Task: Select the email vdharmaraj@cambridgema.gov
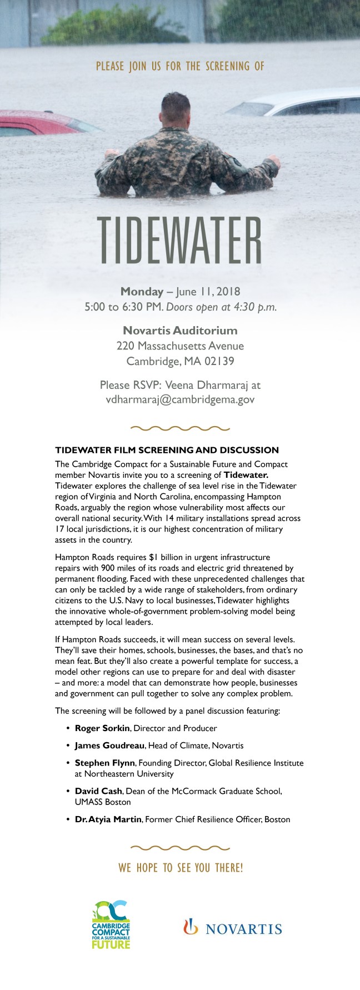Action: [x=180, y=399]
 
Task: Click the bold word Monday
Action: [x=142, y=291]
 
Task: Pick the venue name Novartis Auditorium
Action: [x=180, y=331]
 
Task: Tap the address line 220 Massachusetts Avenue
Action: [x=180, y=346]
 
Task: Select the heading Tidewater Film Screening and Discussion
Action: [x=167, y=450]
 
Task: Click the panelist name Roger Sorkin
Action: [x=102, y=728]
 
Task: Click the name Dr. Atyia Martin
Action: [x=108, y=819]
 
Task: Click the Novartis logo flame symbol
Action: [x=191, y=927]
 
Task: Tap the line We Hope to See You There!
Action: [x=180, y=868]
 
